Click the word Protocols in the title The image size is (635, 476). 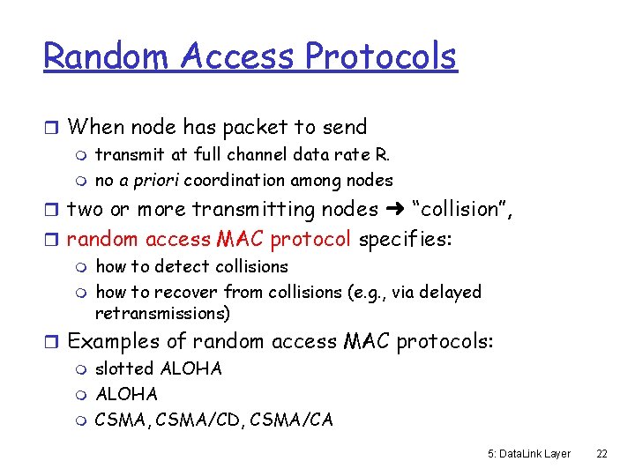tap(381, 56)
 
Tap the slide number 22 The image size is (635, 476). tap(602, 453)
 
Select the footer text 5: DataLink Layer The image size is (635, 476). tap(528, 453)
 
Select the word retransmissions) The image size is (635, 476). tap(162, 313)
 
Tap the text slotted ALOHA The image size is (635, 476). tap(159, 368)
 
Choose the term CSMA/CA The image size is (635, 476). tap(292, 420)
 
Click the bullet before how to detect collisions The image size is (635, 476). tap(83, 267)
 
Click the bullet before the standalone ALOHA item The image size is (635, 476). tap(83, 394)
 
